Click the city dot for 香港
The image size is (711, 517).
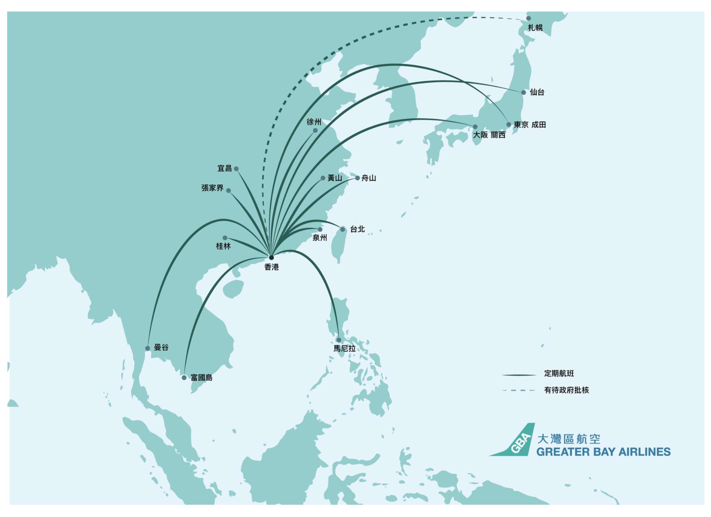tap(271, 257)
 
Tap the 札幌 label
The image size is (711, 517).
tap(535, 28)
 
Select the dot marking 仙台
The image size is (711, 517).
tap(523, 93)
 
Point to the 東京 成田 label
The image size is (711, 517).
tap(529, 125)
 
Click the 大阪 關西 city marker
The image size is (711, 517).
tap(475, 127)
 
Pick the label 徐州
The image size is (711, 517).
tap(314, 122)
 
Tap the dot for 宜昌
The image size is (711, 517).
tap(236, 169)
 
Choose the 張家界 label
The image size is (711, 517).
tap(212, 188)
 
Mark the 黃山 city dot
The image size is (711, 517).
tap(323, 178)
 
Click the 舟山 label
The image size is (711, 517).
tap(368, 178)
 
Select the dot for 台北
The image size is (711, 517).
tap(343, 229)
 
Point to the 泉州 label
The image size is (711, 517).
tap(319, 238)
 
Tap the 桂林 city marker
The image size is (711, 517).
tap(225, 238)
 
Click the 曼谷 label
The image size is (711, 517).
tap(161, 348)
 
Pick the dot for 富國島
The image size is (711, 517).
tap(184, 378)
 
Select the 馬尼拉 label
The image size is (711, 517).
tap(344, 349)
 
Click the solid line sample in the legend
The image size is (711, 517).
tap(519, 375)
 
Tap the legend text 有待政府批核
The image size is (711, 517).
tap(566, 390)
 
